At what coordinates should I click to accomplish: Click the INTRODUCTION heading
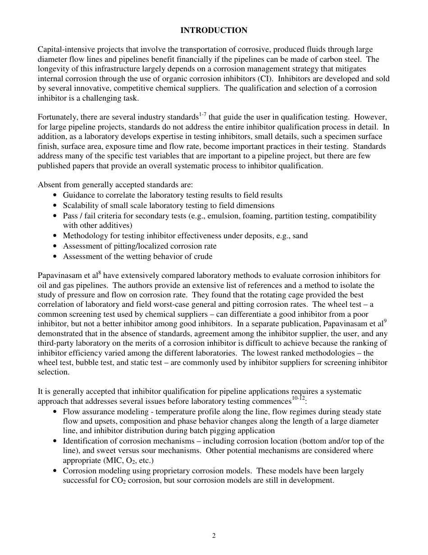tap(214, 30)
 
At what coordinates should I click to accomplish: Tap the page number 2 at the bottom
tap(214, 536)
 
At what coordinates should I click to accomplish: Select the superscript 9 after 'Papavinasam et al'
tap(385, 321)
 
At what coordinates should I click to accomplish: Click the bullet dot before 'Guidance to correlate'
tap(55, 195)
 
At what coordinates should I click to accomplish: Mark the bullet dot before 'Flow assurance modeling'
tap(55, 412)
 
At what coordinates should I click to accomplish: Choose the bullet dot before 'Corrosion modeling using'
tap(55, 471)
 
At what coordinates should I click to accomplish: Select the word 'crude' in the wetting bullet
tap(203, 256)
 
